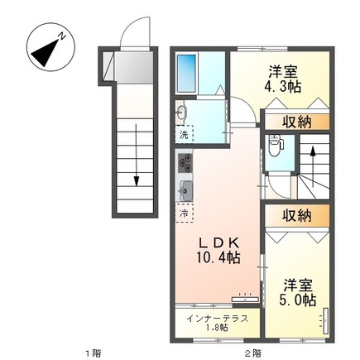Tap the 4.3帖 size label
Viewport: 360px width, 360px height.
tap(282, 84)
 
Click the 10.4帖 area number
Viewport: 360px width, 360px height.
tap(218, 259)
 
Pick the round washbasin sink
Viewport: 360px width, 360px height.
tap(182, 113)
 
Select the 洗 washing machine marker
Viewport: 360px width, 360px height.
tap(182, 134)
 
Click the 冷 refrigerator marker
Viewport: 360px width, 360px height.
tap(182, 213)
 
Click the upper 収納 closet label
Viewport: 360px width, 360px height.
tap(295, 122)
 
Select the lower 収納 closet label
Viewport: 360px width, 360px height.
tap(295, 216)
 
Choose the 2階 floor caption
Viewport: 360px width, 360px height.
tap(252, 352)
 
